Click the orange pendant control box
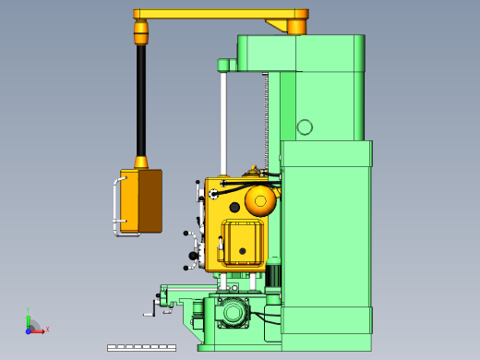[x=141, y=200]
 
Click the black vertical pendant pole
[x=141, y=102]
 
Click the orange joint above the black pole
[x=141, y=34]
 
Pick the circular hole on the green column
[x=304, y=127]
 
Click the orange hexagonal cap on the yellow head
[x=260, y=200]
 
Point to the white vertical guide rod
[x=223, y=125]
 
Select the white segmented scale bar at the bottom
[x=138, y=347]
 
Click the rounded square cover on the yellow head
[x=243, y=244]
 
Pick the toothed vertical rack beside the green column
[x=267, y=120]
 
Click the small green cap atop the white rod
[x=223, y=65]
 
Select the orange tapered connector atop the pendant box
[x=141, y=163]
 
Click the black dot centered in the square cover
[x=243, y=249]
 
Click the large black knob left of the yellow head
[x=194, y=255]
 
